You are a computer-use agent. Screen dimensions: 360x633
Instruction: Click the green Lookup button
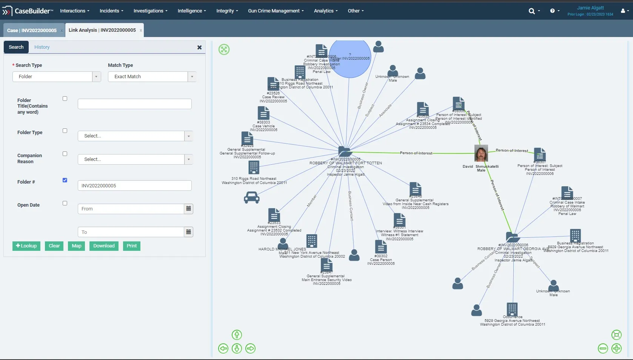pos(26,246)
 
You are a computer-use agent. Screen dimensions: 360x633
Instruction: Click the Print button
pos(131,246)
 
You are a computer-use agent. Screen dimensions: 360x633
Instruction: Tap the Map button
pos(77,246)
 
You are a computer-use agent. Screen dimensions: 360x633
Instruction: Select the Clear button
pos(54,246)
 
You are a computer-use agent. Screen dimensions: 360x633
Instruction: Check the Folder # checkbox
pos(65,180)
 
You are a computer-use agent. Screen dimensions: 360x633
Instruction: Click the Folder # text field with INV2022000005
pos(134,186)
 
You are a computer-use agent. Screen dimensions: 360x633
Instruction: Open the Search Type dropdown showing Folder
pos(57,77)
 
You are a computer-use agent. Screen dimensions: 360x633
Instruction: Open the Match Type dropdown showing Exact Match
pos(152,77)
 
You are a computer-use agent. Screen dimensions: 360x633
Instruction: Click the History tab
pos(42,47)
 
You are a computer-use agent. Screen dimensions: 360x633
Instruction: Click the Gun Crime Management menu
pos(276,11)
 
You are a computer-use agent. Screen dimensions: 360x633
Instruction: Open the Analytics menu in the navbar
pos(326,11)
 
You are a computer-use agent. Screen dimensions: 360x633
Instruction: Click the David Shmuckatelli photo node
pos(481,153)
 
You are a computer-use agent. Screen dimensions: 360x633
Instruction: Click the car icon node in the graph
pos(252,197)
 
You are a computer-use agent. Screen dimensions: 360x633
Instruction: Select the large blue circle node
pos(350,59)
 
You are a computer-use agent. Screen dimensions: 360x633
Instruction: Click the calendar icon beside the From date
pos(188,209)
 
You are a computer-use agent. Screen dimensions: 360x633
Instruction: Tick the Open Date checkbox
pos(65,203)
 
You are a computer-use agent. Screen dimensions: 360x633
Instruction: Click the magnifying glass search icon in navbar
pos(532,11)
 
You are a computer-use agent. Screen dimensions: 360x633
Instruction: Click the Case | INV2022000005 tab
pos(32,30)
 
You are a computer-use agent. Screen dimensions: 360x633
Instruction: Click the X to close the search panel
pos(199,47)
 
